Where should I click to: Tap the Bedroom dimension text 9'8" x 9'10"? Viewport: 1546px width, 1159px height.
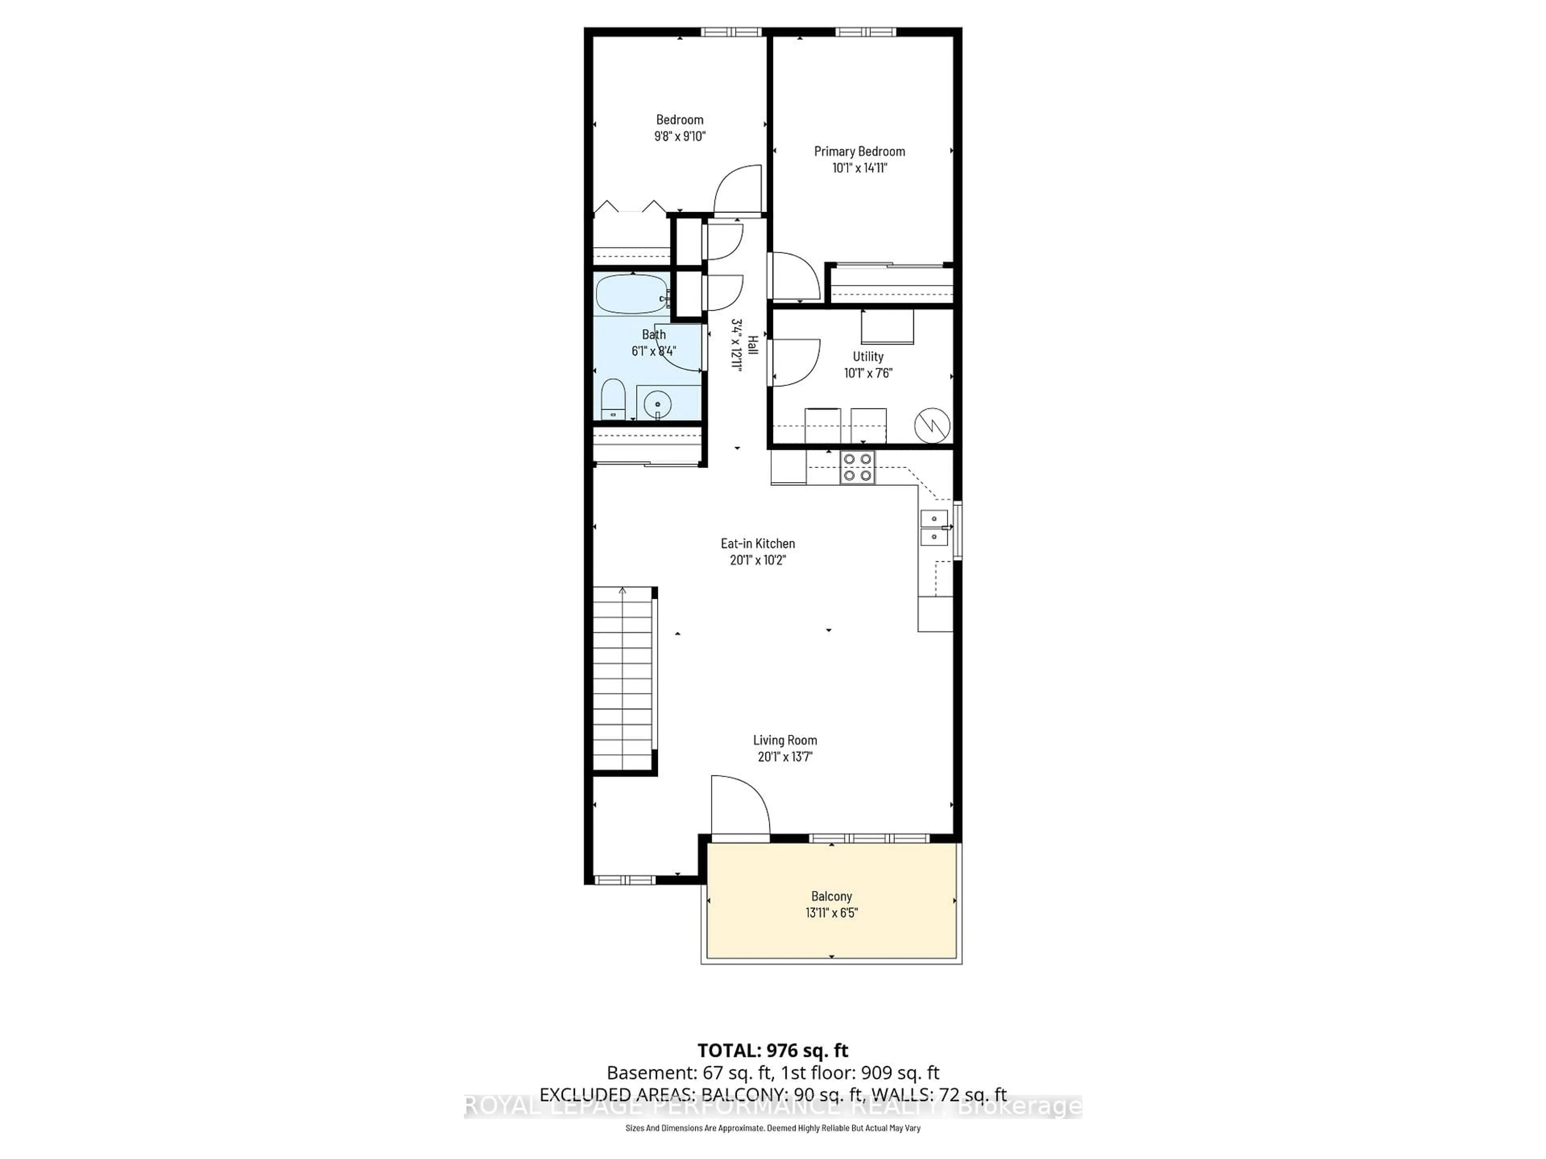[x=679, y=136]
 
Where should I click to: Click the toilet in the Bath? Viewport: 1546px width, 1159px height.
[x=613, y=400]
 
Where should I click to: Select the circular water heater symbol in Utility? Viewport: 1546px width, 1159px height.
[x=932, y=425]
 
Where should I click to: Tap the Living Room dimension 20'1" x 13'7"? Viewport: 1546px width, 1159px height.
[x=785, y=757]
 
